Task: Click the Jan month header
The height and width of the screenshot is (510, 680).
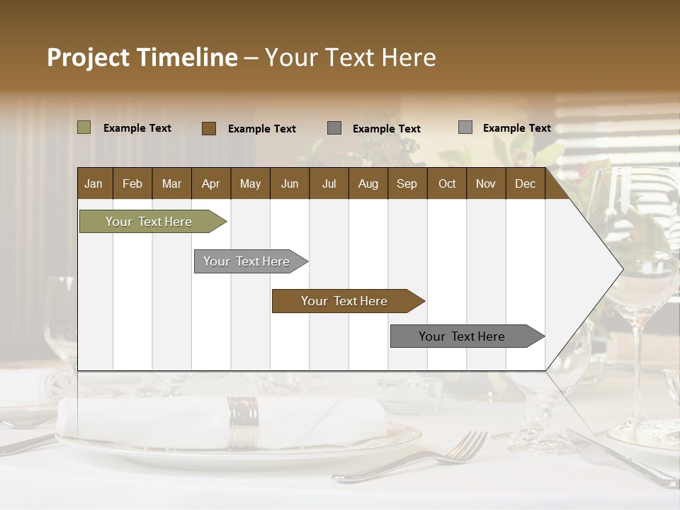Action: pos(93,184)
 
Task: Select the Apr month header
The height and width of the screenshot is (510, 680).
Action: pos(210,184)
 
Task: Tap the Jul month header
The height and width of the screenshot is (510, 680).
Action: pos(329,184)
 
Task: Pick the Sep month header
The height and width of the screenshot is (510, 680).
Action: pos(407,184)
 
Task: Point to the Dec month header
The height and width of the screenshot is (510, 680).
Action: pos(525,184)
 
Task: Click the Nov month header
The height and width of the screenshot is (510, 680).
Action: pos(485,184)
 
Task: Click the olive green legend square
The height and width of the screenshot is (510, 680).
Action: pos(84,127)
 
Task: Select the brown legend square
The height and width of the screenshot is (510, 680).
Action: pos(208,128)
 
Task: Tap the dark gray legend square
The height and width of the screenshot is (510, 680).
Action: pos(334,128)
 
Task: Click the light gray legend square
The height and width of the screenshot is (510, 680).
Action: pos(465,127)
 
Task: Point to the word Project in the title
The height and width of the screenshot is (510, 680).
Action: pos(89,57)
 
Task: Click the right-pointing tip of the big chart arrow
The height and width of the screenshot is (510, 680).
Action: pos(620,269)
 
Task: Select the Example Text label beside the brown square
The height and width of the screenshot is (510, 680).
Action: pos(261,129)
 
